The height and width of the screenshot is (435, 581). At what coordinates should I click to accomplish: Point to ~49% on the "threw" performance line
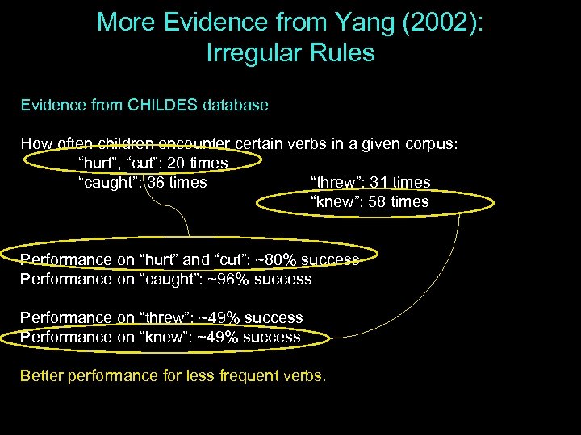point(222,317)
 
